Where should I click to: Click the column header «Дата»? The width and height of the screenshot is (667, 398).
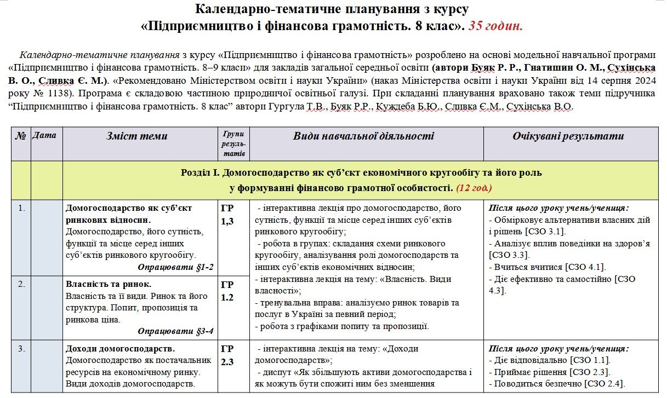click(x=44, y=135)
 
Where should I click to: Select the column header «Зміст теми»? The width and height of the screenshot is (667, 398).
click(x=137, y=136)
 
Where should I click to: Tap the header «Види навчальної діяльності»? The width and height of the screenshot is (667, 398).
click(x=363, y=136)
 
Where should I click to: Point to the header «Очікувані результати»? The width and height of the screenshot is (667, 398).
click(x=568, y=136)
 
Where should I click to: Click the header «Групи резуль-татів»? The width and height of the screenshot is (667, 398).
click(x=233, y=143)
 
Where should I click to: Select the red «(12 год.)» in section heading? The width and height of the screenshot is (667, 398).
click(x=474, y=188)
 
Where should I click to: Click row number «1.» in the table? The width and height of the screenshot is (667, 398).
click(x=21, y=209)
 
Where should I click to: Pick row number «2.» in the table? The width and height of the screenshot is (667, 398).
click(x=21, y=284)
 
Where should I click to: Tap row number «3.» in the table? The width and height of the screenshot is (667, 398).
click(x=21, y=349)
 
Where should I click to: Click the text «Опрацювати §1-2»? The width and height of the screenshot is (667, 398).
click(x=175, y=267)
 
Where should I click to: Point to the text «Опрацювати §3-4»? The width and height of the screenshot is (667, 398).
click(x=175, y=331)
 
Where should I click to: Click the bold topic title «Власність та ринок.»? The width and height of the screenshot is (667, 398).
click(x=109, y=284)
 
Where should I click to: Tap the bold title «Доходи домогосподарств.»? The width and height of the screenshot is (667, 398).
click(x=120, y=349)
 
